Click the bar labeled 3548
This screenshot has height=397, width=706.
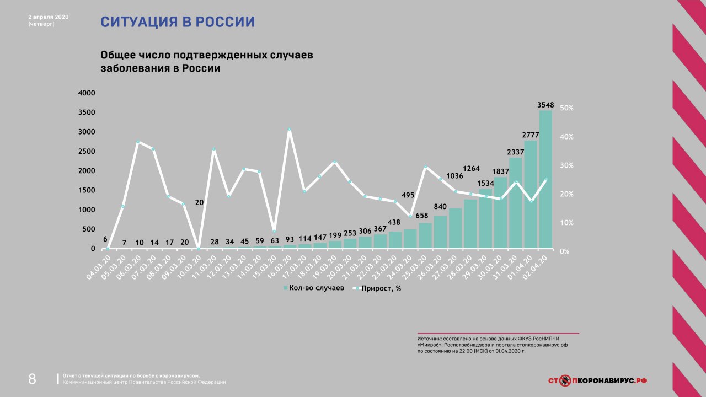point(545,179)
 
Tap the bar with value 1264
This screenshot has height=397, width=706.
point(470,224)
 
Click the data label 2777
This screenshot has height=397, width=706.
point(531,135)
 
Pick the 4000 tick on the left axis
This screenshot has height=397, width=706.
point(87,93)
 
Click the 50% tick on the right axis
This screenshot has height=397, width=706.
point(567,108)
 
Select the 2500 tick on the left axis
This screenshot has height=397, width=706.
point(87,152)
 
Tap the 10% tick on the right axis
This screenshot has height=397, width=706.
point(567,223)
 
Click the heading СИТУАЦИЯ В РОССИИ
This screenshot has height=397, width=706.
point(178,22)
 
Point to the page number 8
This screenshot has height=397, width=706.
point(32,379)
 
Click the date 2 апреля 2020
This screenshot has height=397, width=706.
point(49,17)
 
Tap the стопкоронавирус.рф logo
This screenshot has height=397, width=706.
point(597,380)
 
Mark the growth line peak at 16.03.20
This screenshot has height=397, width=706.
point(289,130)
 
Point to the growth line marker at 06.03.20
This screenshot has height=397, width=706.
point(138,142)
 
